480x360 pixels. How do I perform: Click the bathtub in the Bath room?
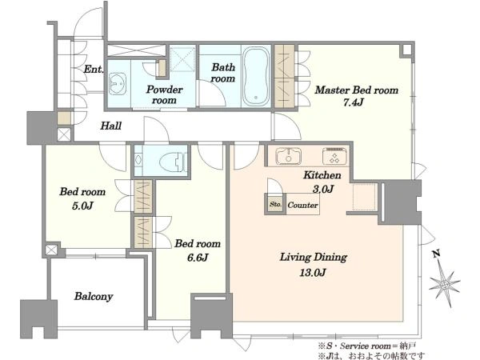click(x=256, y=76)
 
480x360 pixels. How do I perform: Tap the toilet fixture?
click(x=173, y=161)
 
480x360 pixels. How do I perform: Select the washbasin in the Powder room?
click(x=118, y=83)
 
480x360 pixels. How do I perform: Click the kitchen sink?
click(x=288, y=156)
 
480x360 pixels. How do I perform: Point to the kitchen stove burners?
click(x=335, y=156)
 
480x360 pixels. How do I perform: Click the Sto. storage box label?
click(x=275, y=204)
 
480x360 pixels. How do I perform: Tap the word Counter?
click(x=302, y=205)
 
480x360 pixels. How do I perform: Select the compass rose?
click(x=445, y=284)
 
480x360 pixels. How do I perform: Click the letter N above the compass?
click(x=437, y=254)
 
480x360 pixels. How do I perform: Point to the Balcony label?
click(x=94, y=296)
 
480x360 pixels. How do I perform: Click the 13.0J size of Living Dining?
click(x=313, y=272)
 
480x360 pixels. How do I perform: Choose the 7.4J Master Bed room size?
click(x=354, y=102)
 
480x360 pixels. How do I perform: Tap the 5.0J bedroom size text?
click(x=82, y=206)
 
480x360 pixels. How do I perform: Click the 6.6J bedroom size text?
click(x=198, y=258)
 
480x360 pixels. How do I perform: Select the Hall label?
click(x=111, y=126)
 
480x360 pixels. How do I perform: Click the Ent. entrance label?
click(x=94, y=69)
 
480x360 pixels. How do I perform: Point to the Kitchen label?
click(x=322, y=175)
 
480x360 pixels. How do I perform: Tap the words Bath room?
click(x=223, y=73)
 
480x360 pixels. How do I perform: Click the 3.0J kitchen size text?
click(x=323, y=189)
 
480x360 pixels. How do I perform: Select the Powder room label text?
click(x=164, y=95)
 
